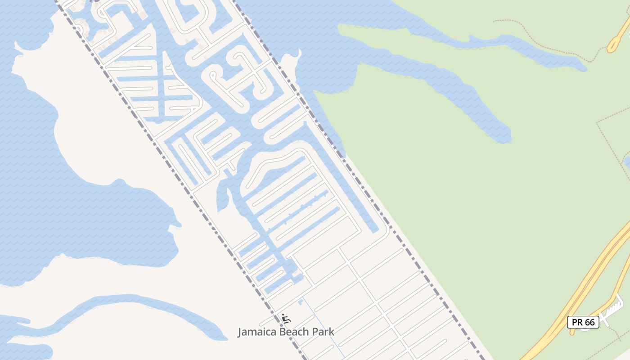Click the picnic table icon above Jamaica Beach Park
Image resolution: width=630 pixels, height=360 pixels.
(x=286, y=319)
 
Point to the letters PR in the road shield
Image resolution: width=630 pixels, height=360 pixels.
(x=577, y=322)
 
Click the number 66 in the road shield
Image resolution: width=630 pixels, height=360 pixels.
(x=589, y=322)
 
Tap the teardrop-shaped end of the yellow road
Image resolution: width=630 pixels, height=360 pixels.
(x=612, y=45)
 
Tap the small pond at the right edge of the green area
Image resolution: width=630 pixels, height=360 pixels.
(x=626, y=161)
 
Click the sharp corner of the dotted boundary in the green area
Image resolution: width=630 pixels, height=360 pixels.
(x=597, y=122)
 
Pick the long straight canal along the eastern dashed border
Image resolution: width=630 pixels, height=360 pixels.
(x=346, y=180)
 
